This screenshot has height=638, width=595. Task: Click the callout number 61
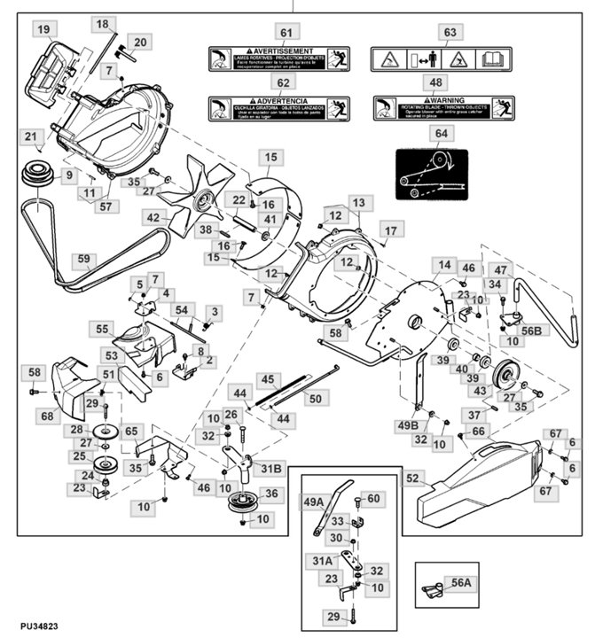point(285,34)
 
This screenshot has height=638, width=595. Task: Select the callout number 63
point(449,34)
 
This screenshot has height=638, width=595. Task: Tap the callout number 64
point(441,133)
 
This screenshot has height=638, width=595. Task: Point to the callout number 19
point(43,29)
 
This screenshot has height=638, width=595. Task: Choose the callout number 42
point(154,217)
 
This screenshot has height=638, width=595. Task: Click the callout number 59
point(84,260)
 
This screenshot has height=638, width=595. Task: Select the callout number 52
point(411,478)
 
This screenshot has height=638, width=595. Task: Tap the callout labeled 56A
point(462,583)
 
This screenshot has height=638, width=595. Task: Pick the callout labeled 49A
point(314,502)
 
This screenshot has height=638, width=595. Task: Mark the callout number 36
point(270,494)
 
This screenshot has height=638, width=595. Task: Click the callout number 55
point(103,328)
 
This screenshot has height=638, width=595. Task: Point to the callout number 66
point(479,431)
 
